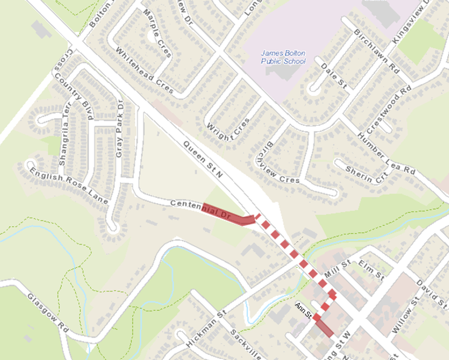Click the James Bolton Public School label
(x=283, y=57)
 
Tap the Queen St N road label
(x=203, y=160)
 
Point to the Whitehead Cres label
(x=145, y=70)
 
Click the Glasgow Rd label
(x=48, y=314)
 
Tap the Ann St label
(x=304, y=311)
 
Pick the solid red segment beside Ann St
(x=324, y=327)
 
